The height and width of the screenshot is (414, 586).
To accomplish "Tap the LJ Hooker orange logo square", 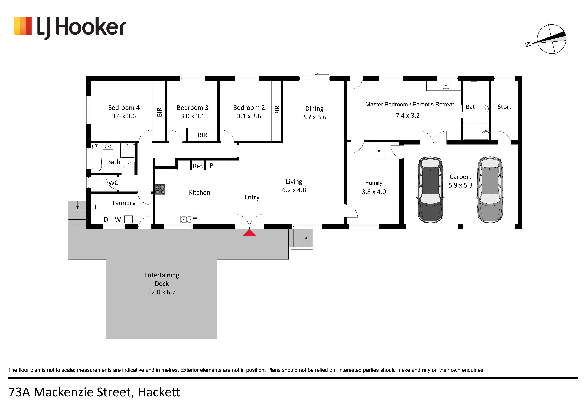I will [x=23, y=26].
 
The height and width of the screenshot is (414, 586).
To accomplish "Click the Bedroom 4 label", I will [x=124, y=108].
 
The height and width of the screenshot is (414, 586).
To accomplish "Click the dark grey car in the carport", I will [x=430, y=190].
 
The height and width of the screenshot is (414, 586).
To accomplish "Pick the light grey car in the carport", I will [x=490, y=190].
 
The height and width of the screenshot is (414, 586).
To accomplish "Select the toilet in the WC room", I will [x=95, y=183].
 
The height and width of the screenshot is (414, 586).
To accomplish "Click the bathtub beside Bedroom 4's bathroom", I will [x=97, y=158].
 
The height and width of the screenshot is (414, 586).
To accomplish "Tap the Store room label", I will [x=505, y=107].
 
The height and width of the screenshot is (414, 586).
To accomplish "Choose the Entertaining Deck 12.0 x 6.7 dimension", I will [x=162, y=292].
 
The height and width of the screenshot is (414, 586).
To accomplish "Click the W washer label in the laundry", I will [x=118, y=220].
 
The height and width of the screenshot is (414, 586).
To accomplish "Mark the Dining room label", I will [x=314, y=109].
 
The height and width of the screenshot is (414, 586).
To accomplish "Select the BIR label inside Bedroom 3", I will [x=202, y=135].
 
